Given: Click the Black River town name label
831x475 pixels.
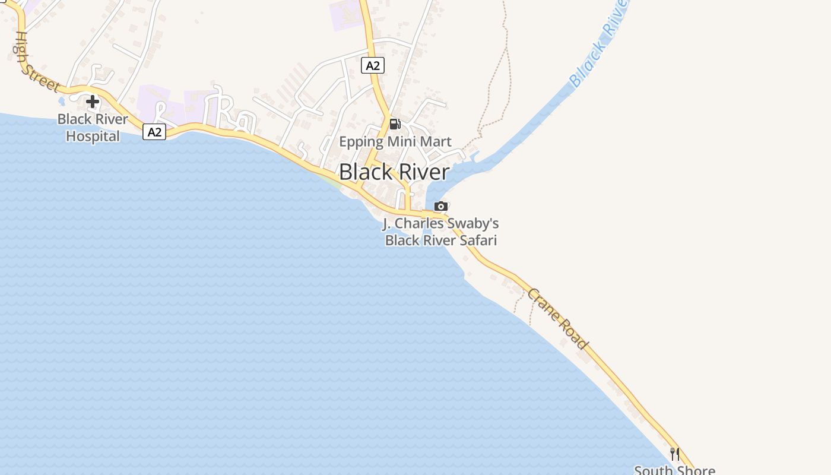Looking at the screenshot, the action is tap(394, 172).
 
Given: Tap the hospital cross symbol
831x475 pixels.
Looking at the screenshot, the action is tap(92, 102).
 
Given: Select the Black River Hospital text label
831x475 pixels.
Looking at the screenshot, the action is tap(93, 128).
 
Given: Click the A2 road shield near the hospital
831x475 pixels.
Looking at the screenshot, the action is tap(154, 132).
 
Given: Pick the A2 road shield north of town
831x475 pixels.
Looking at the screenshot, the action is tap(373, 65).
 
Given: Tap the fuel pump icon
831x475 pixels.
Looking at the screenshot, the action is tap(395, 124).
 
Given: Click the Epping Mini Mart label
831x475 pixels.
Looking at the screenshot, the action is tap(395, 142).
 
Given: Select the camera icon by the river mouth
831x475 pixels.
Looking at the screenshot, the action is tap(440, 207).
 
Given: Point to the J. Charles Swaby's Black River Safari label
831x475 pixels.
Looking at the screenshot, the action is tap(440, 232).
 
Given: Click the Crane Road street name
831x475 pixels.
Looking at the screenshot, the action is tap(557, 319).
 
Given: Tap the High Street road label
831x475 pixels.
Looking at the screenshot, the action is tap(36, 62).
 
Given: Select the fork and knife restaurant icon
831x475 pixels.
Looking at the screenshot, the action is tap(674, 454).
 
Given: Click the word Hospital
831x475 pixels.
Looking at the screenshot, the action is tap(93, 136).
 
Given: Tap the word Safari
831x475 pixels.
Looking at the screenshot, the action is tap(475, 240).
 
